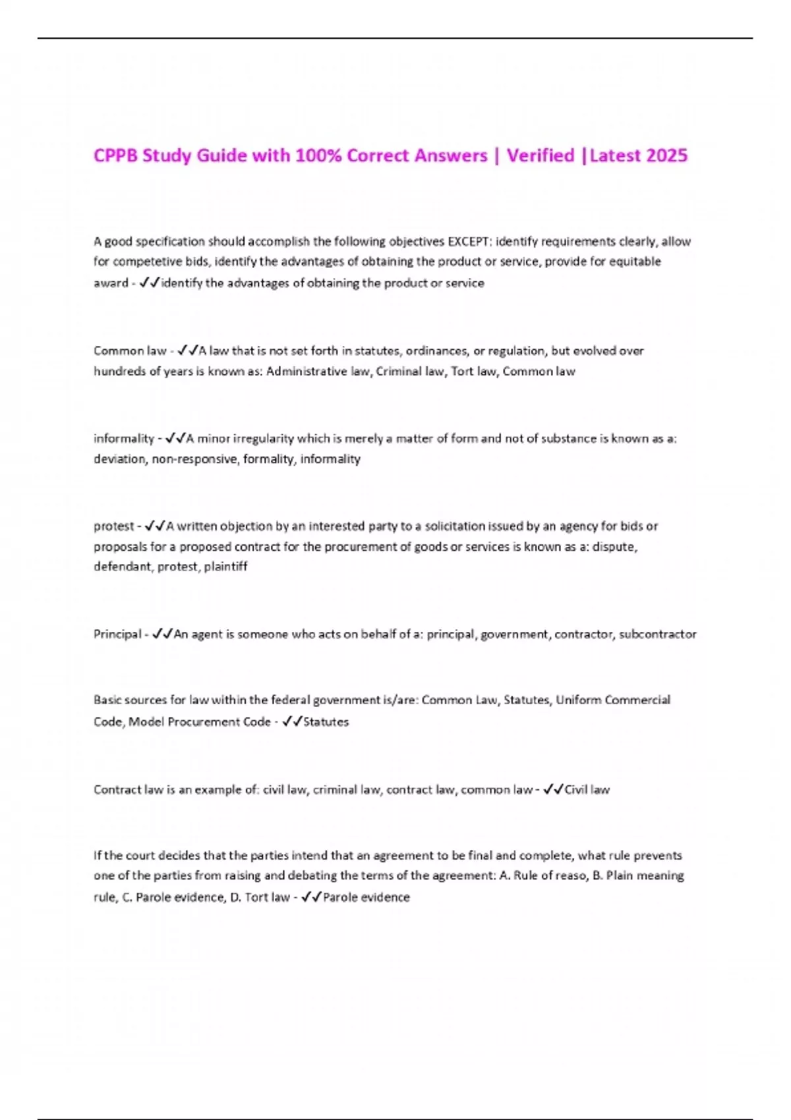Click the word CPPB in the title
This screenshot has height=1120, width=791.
pos(115,155)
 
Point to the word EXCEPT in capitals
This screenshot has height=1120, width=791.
pos(469,241)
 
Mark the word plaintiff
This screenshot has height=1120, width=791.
pos(225,567)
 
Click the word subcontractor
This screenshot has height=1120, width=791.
pos(657,634)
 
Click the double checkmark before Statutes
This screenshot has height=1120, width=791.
pos(291,722)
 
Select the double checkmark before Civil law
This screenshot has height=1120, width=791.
pos(553,789)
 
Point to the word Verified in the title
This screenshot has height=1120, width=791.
pos(541,155)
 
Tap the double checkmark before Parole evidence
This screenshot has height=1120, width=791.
pos(311,897)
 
